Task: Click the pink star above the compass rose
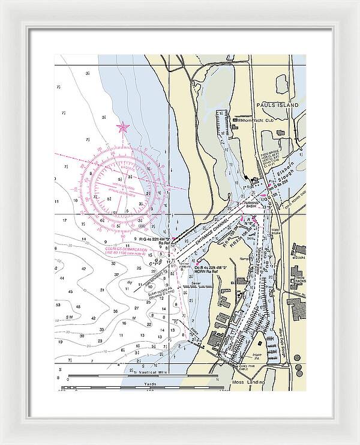click(x=123, y=127)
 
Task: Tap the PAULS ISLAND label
click(x=277, y=105)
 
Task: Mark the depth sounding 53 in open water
click(x=58, y=304)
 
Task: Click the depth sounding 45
click(x=70, y=291)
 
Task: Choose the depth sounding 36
click(x=115, y=311)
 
